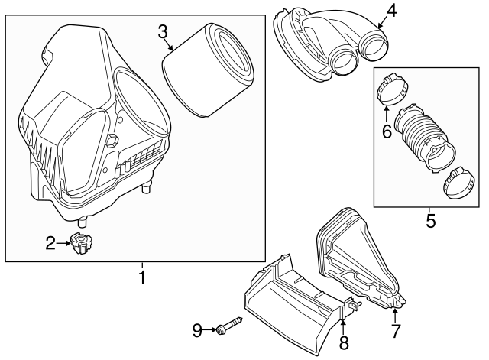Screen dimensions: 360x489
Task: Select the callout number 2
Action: tap(50, 244)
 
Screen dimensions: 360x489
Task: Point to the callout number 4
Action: tap(391, 11)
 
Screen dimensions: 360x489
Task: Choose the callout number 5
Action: tap(430, 221)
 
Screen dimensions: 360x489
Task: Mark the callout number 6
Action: tap(387, 132)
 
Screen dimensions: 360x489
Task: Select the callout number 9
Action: tap(197, 330)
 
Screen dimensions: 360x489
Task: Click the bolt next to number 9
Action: tap(228, 328)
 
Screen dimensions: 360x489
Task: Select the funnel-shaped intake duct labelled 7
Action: tap(357, 256)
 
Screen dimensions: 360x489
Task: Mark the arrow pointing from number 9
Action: tap(209, 330)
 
